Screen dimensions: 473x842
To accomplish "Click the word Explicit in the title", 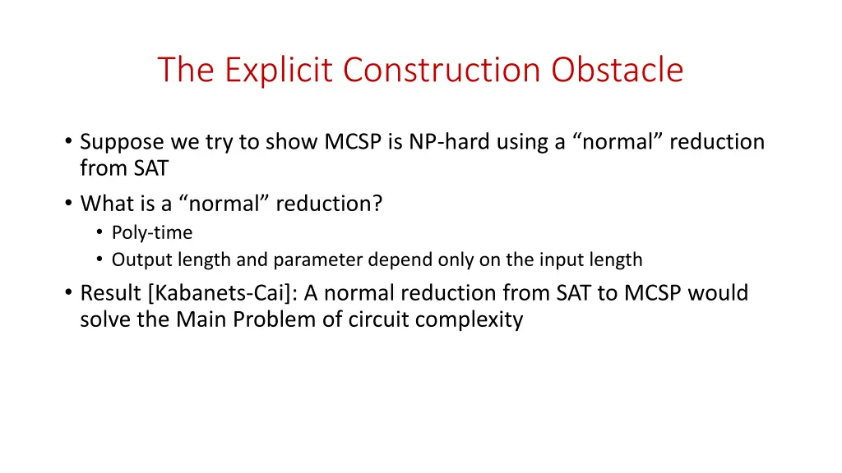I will pyautogui.click(x=280, y=70).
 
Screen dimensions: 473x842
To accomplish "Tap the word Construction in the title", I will pyautogui.click(x=444, y=70).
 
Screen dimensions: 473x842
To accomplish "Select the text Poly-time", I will pyautogui.click(x=152, y=233).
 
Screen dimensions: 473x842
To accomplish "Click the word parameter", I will pyautogui.click(x=315, y=260).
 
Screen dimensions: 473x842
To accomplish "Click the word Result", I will pyautogui.click(x=111, y=293).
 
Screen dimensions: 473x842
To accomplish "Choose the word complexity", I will pyautogui.click(x=469, y=319).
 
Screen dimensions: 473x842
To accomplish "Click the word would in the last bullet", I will pyautogui.click(x=719, y=293).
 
